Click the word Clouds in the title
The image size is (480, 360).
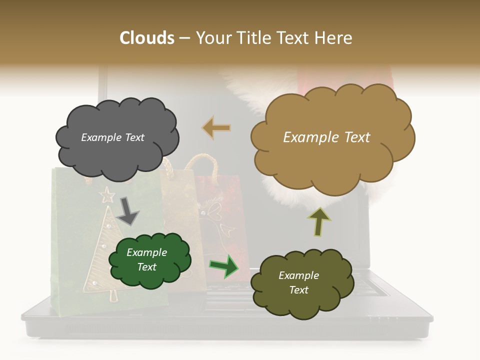(x=147, y=38)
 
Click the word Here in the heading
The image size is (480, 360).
(x=334, y=38)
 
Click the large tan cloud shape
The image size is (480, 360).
(x=330, y=165)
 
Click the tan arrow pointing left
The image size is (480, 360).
(x=216, y=128)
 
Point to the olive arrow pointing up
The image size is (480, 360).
(x=319, y=221)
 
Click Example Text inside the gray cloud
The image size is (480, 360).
(x=112, y=137)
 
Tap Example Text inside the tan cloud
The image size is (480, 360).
(x=326, y=137)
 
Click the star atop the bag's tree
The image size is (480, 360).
(x=107, y=194)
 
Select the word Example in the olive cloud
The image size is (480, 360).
(x=298, y=275)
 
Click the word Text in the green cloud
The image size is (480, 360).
(x=147, y=267)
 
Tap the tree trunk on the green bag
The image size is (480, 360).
(x=113, y=295)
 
